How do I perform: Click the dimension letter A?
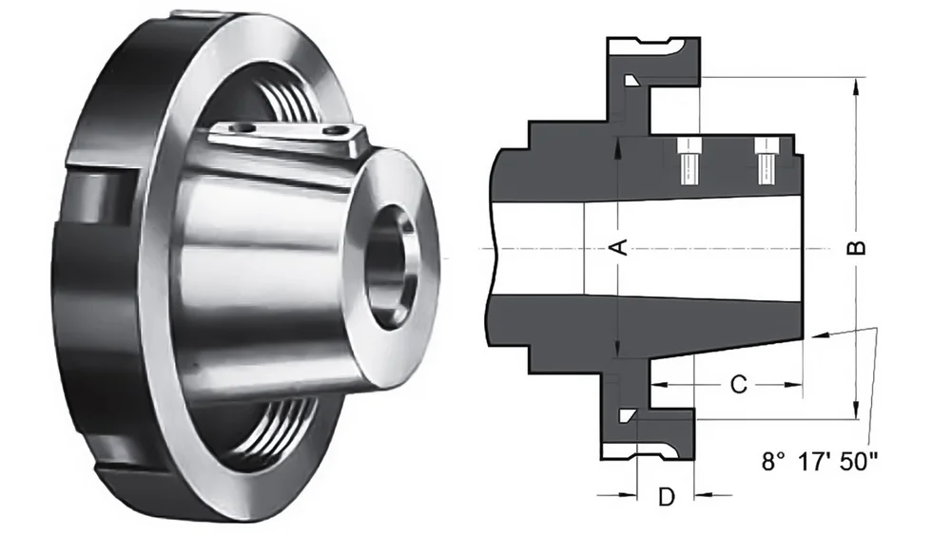point(618,248)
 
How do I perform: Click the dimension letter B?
point(857,248)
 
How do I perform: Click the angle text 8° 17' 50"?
point(820,463)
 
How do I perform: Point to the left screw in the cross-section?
point(688,162)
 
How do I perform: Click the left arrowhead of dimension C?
point(656,385)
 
